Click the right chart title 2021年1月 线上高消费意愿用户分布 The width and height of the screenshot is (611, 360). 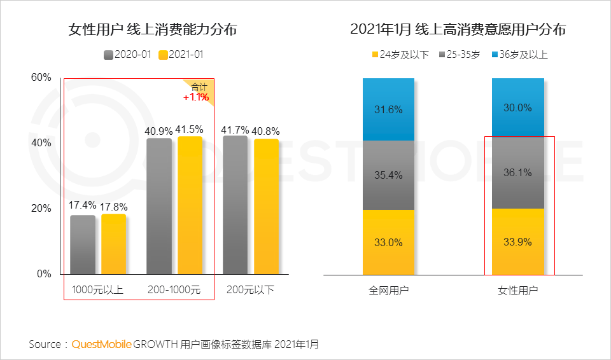pyautogui.click(x=458, y=30)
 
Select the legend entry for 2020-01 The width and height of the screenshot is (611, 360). pyautogui.click(x=127, y=55)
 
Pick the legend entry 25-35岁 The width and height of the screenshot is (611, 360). pyautogui.click(x=459, y=55)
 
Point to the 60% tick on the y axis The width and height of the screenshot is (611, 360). pyautogui.click(x=41, y=78)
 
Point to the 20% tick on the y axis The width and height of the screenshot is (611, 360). pyautogui.click(x=41, y=209)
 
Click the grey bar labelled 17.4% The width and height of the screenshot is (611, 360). pyautogui.click(x=83, y=245)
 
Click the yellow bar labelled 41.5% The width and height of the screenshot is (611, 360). pyautogui.click(x=190, y=205)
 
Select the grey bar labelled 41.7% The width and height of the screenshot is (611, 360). pyautogui.click(x=235, y=205)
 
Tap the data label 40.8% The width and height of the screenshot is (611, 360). pyautogui.click(x=267, y=131)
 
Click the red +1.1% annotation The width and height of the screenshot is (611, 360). pyautogui.click(x=196, y=97)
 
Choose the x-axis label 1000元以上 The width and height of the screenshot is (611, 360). pyautogui.click(x=97, y=291)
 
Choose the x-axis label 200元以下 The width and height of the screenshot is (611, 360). pyautogui.click(x=251, y=291)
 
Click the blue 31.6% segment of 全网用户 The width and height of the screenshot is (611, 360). pyautogui.click(x=388, y=109)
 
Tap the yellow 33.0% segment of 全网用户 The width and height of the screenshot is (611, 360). pyautogui.click(x=388, y=242)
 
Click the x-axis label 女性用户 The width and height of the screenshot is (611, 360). pyautogui.click(x=517, y=291)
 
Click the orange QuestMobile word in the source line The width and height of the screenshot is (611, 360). pyautogui.click(x=102, y=345)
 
